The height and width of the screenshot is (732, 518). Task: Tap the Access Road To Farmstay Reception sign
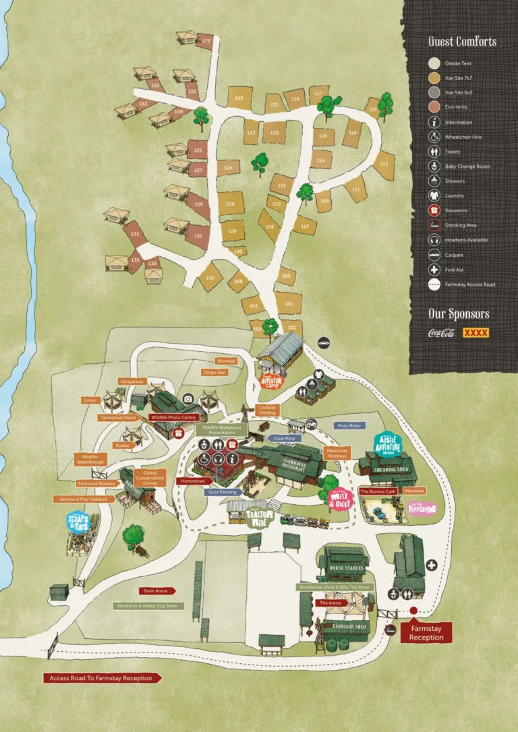coord(103,678)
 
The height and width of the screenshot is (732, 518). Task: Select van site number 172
coord(206,41)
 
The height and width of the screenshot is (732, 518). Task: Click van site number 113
coord(384,164)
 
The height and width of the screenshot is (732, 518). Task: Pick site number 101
coord(291,327)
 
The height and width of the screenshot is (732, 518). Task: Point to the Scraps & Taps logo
coord(79,523)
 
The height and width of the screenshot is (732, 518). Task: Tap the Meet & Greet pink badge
coord(341,499)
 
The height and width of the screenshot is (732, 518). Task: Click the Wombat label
coord(227,361)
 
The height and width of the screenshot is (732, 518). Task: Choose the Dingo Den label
coord(215,372)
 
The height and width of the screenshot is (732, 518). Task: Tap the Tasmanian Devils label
coord(119,418)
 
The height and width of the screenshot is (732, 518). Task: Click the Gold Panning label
coord(223,493)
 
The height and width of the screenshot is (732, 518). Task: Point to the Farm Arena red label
coord(158,590)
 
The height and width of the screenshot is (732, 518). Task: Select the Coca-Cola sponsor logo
coord(442,333)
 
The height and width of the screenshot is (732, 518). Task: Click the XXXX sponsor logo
coord(476,333)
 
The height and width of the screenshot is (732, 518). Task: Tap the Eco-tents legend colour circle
coord(434,108)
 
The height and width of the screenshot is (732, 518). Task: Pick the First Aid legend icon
coord(434,270)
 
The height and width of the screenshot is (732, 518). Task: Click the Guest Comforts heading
coord(462,41)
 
